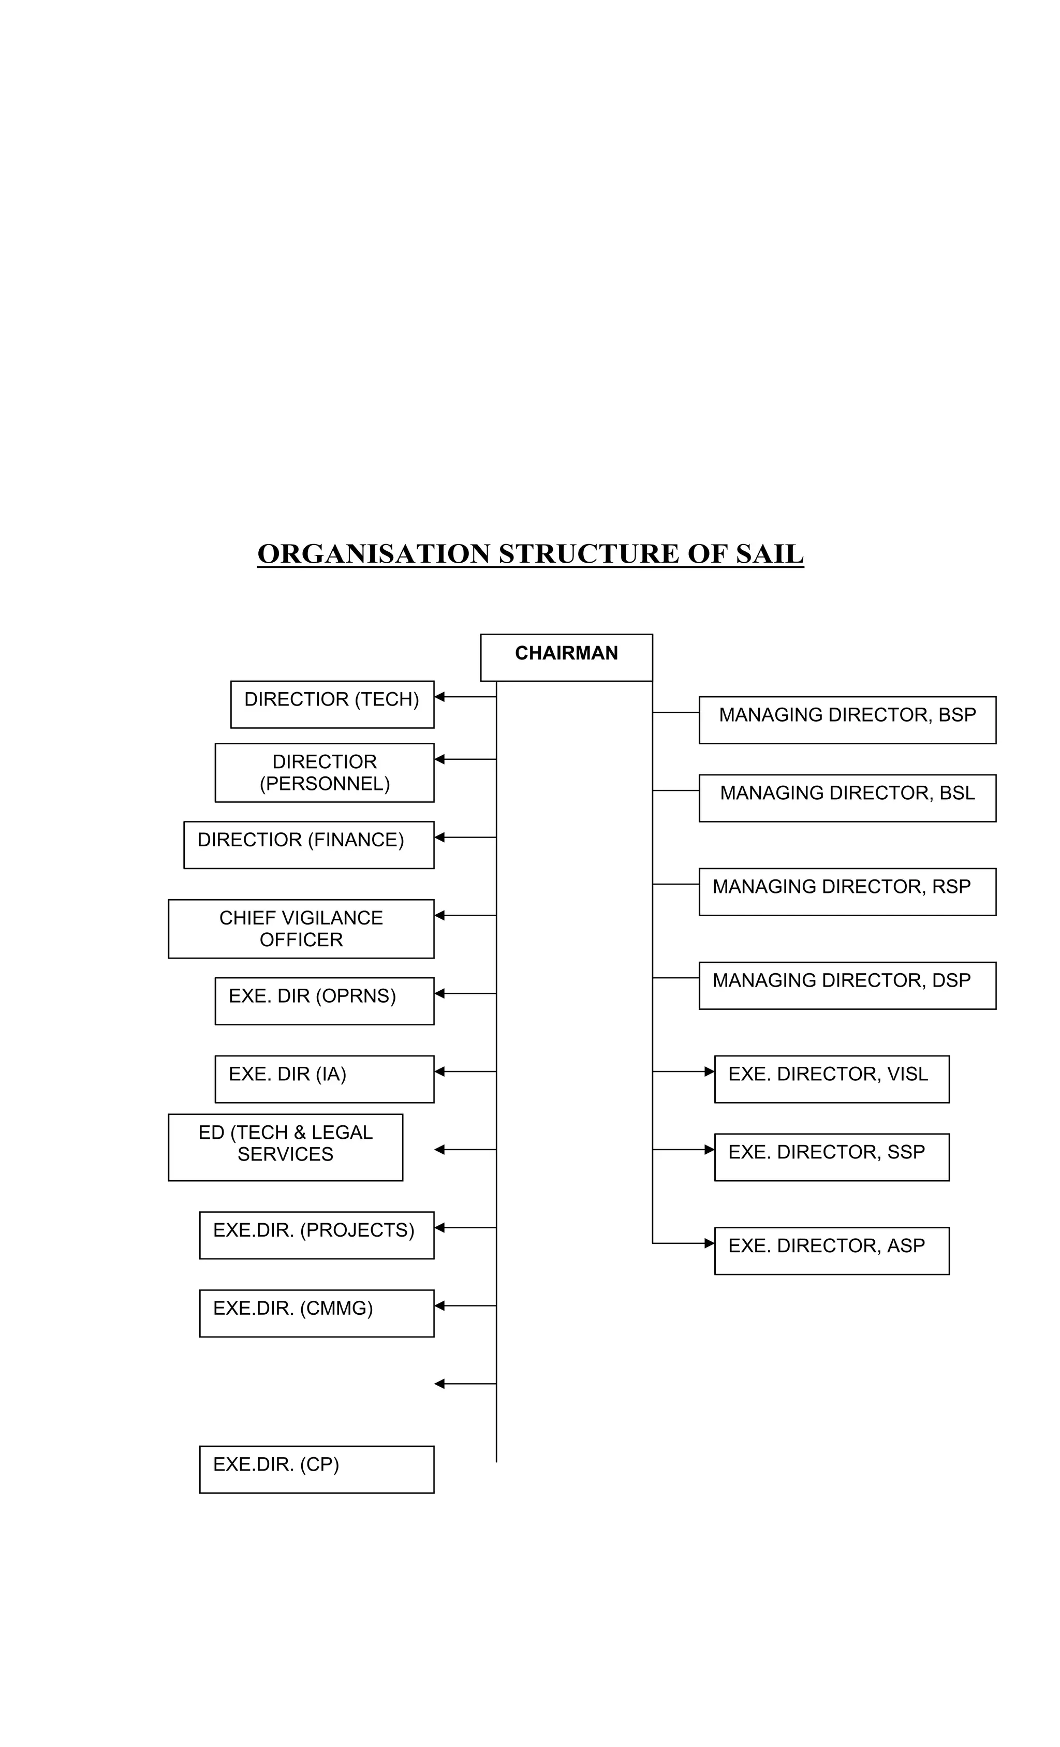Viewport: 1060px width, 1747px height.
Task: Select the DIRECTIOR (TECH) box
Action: point(332,703)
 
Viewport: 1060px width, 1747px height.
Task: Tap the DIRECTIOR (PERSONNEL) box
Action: point(324,772)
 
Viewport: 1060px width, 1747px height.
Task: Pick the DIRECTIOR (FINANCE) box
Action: point(308,844)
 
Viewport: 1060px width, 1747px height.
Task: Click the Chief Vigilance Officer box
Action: point(301,928)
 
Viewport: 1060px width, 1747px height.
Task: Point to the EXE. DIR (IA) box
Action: point(324,1078)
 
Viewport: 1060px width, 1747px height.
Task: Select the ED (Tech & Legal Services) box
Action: point(285,1147)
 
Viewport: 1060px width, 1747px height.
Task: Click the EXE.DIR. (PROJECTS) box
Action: point(316,1235)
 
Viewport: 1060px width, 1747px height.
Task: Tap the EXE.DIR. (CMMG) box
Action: point(316,1312)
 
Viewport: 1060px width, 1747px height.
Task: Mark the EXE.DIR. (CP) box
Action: point(316,1469)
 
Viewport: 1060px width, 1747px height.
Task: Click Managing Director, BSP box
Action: point(847,719)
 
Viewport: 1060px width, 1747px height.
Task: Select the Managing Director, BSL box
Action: point(847,797)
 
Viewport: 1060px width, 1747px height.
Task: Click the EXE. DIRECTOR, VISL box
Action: point(831,1078)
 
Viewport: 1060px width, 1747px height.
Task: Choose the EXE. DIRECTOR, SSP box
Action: point(831,1156)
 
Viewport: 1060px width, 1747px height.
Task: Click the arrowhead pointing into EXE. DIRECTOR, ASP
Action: point(709,1242)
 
